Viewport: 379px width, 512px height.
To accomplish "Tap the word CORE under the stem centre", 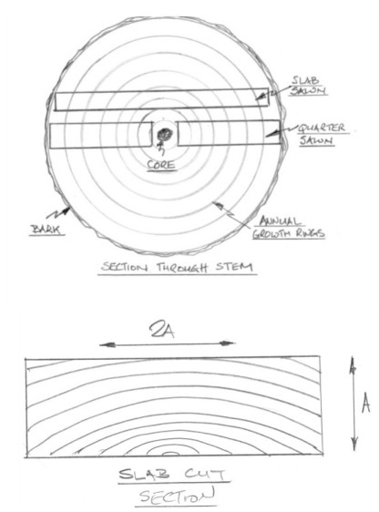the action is click(161, 164).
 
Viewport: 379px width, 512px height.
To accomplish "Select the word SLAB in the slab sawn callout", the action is click(305, 80).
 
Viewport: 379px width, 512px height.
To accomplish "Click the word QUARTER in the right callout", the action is click(322, 128).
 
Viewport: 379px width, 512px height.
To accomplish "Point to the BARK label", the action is click(46, 230).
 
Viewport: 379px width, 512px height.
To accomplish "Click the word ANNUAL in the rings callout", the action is click(279, 221).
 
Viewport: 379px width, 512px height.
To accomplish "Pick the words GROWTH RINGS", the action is click(288, 233).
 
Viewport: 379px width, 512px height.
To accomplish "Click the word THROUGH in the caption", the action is click(182, 268).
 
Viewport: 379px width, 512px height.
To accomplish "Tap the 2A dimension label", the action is click(162, 330).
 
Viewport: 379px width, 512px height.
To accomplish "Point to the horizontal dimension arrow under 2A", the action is click(167, 343).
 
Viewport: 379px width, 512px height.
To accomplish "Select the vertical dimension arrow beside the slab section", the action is click(353, 404).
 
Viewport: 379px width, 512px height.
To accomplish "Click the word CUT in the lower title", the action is click(205, 474).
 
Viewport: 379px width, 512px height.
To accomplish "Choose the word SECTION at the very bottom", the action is click(178, 496).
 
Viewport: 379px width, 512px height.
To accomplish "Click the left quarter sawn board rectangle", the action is click(101, 135).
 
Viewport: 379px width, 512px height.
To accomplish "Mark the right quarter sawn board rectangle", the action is click(228, 133).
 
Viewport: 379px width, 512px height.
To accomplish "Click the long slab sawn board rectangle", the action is click(161, 99).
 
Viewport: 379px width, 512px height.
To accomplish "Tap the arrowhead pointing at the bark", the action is click(67, 210).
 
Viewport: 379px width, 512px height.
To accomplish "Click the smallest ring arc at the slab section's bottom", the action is click(170, 453).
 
